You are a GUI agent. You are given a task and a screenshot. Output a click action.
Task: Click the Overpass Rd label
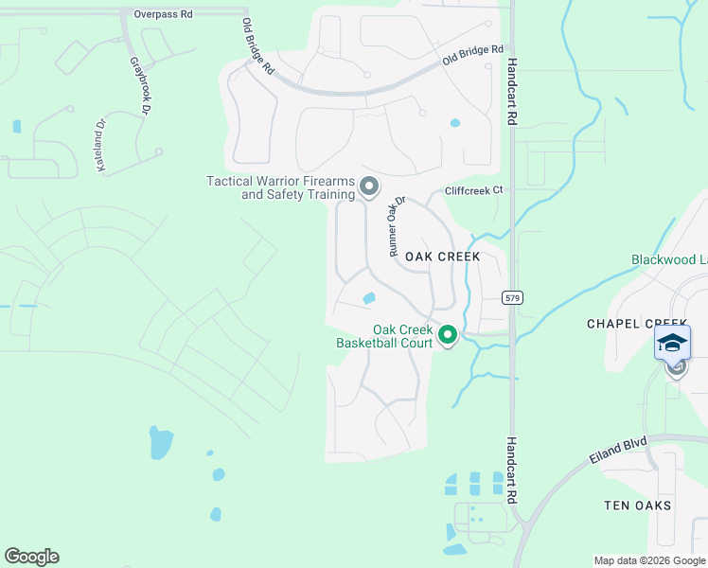[163, 14]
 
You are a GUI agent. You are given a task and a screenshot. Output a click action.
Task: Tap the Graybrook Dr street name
[138, 83]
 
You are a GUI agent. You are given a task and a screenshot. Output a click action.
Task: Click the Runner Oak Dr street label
[396, 226]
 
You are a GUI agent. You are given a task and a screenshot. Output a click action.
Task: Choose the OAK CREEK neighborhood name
[442, 257]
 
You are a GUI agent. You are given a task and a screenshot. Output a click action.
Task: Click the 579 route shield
[512, 297]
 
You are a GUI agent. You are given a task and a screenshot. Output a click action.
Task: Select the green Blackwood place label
[669, 260]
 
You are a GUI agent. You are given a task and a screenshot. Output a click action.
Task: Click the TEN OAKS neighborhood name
[638, 506]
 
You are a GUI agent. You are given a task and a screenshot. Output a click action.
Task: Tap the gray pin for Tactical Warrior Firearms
[368, 187]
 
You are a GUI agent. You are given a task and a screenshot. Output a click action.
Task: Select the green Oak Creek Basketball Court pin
[448, 334]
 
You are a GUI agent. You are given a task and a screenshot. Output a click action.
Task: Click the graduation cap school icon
[672, 343]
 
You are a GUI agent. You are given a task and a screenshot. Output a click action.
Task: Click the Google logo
[31, 557]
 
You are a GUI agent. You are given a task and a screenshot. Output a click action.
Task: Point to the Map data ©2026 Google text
[649, 560]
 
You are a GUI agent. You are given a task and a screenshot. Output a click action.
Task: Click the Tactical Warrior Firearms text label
[281, 187]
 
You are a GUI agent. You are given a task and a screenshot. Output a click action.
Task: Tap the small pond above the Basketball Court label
[368, 299]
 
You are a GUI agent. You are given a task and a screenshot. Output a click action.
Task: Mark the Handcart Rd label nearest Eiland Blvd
[512, 469]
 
